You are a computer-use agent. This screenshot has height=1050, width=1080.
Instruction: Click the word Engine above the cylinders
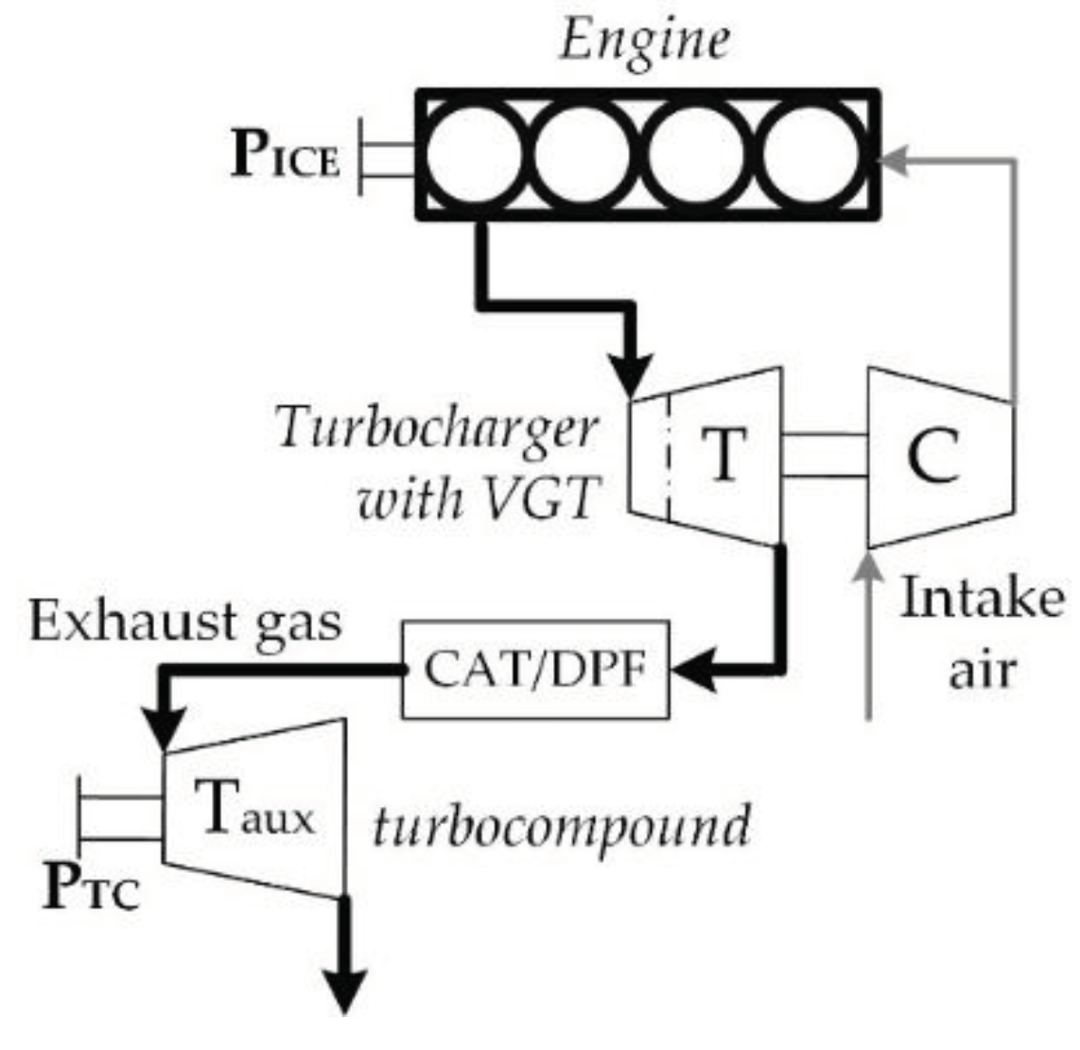644,43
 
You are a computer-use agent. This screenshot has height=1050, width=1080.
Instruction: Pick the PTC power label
92,889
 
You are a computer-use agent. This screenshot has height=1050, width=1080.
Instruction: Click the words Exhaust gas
185,625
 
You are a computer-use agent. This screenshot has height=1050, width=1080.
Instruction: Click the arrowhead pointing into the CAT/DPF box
692,670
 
